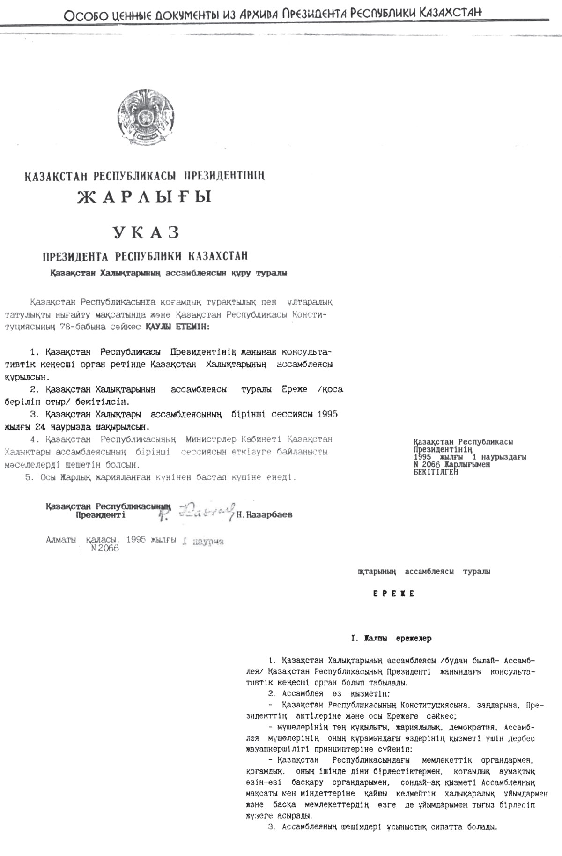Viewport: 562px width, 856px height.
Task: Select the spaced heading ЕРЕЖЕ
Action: [x=394, y=594]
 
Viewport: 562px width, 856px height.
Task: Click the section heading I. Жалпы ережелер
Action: [x=391, y=638]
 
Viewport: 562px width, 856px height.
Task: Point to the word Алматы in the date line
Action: [x=61, y=540]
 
